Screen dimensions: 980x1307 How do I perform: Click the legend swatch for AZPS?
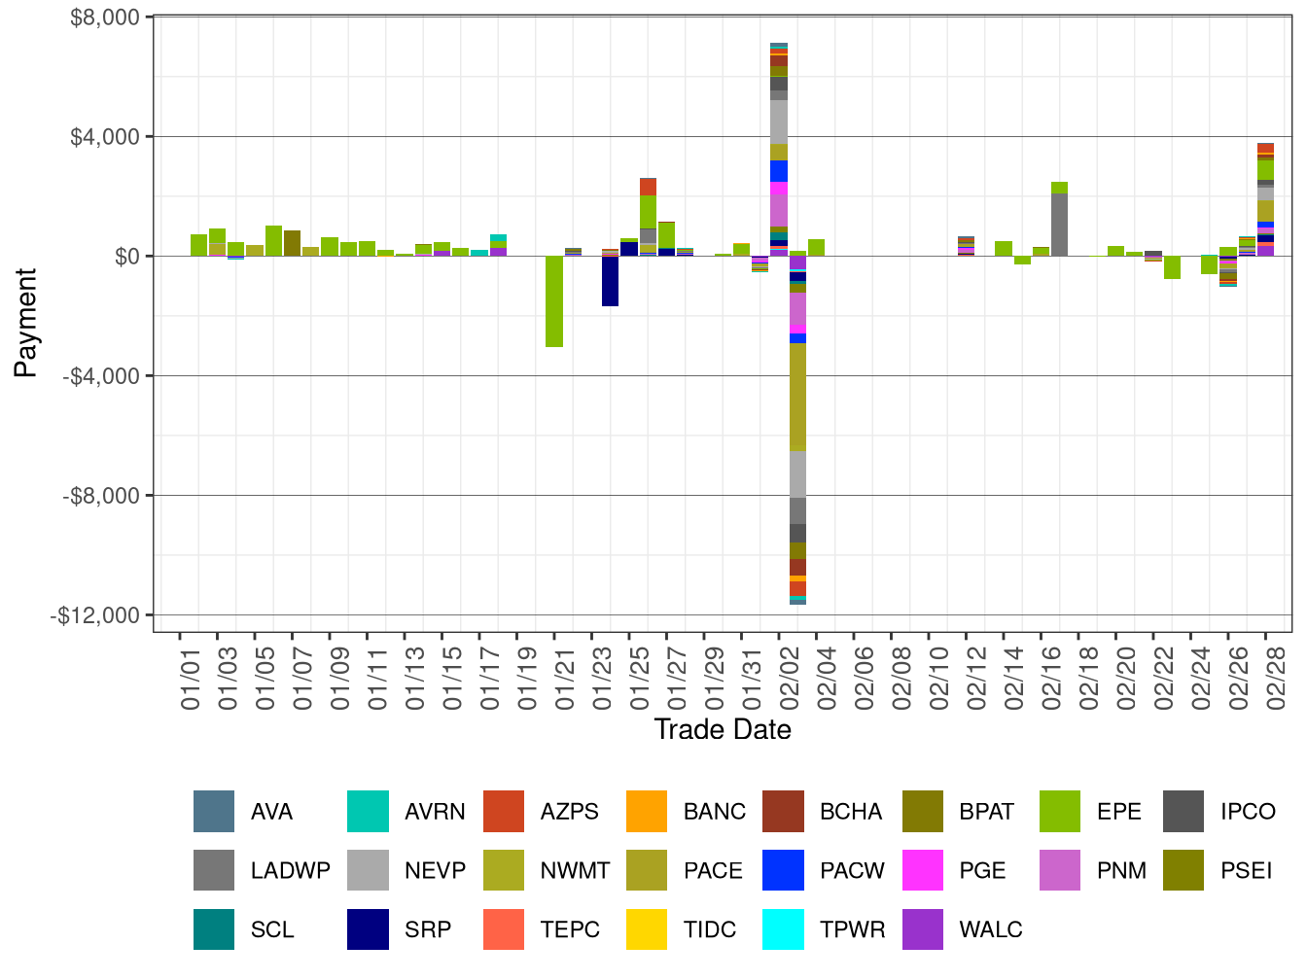click(503, 812)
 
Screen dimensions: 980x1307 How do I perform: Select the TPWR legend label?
click(852, 929)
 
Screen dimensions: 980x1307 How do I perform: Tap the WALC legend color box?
click(923, 929)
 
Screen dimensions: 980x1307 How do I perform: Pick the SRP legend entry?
click(428, 929)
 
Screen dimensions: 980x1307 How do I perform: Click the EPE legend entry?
click(1118, 812)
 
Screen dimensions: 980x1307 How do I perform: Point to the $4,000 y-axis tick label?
click(105, 137)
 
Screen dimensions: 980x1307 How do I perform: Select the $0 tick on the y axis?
click(126, 257)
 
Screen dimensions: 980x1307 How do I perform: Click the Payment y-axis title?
click(26, 323)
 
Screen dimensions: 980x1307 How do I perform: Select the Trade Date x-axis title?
click(722, 729)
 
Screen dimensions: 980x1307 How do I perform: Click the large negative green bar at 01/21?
click(554, 301)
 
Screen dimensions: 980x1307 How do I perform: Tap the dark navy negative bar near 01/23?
click(610, 281)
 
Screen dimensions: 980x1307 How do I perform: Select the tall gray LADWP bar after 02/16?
click(1059, 225)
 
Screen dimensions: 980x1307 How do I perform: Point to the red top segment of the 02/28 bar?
click(1265, 148)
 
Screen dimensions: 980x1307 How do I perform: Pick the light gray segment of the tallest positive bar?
click(779, 122)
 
